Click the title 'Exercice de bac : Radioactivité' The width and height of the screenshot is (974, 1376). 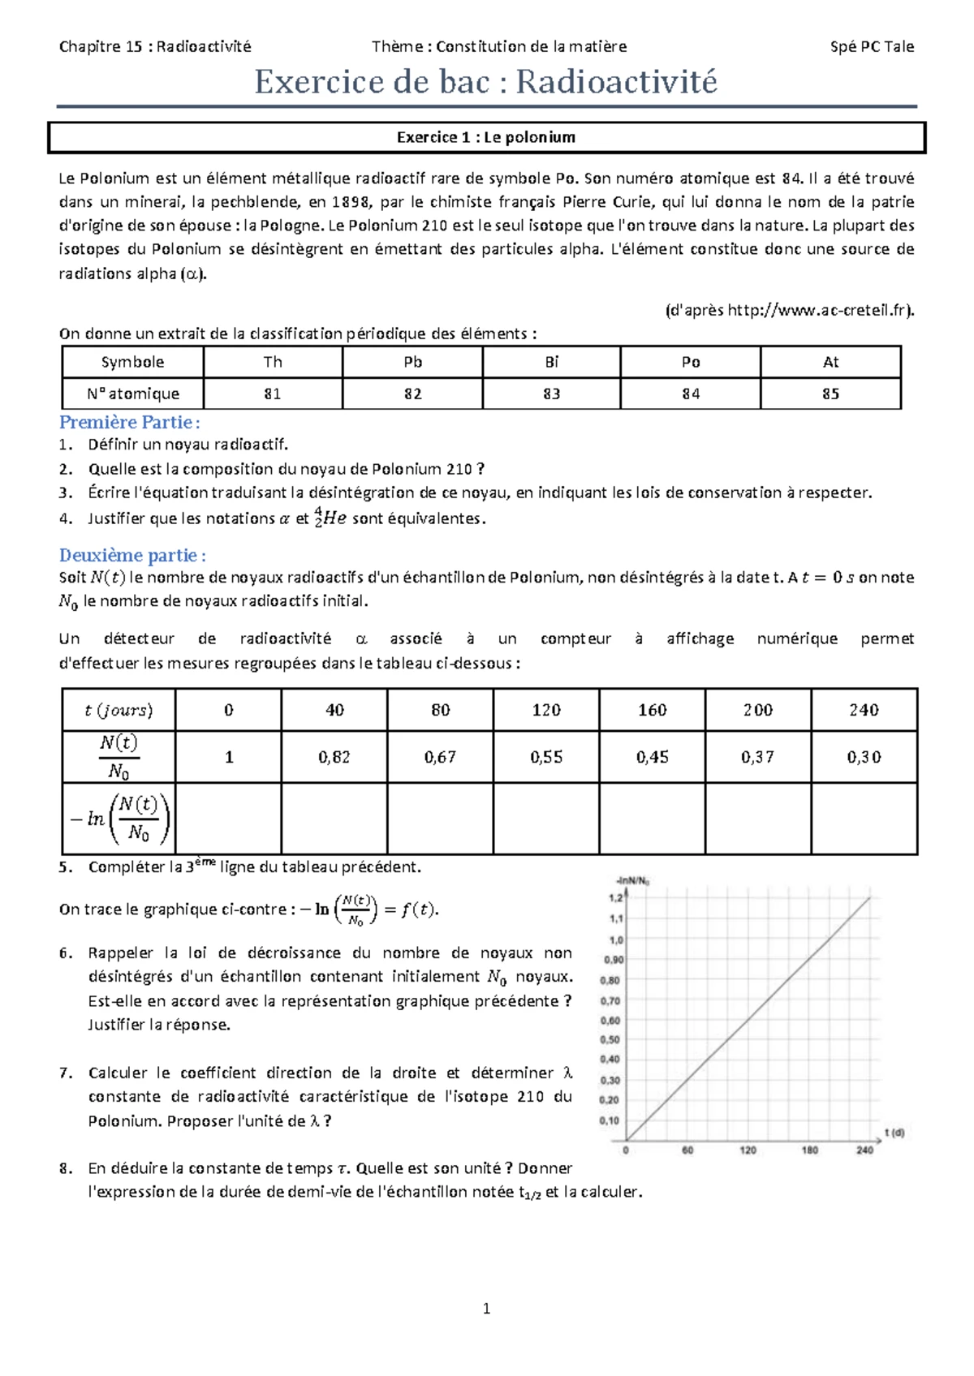pyautogui.click(x=486, y=82)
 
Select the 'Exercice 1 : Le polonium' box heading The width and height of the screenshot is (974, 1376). pyautogui.click(x=486, y=137)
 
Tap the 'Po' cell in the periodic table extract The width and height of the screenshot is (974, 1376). pyautogui.click(x=691, y=362)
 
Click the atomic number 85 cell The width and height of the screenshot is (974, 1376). pyautogui.click(x=830, y=393)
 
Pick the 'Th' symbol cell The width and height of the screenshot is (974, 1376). pyautogui.click(x=273, y=362)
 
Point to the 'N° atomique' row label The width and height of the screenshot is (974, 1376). pyautogui.click(x=133, y=393)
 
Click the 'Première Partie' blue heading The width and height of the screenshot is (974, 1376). pyautogui.click(x=129, y=422)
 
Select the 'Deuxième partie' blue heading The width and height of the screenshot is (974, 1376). pyautogui.click(x=132, y=555)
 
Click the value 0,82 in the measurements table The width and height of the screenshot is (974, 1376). pyautogui.click(x=334, y=757)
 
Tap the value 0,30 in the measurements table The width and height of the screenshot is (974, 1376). pyautogui.click(x=864, y=757)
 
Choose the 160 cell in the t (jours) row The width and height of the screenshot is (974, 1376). pyautogui.click(x=652, y=710)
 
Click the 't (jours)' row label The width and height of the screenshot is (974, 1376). pyautogui.click(x=119, y=710)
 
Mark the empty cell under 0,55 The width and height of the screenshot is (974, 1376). pyautogui.click(x=546, y=818)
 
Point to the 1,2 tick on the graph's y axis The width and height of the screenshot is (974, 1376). pyautogui.click(x=616, y=898)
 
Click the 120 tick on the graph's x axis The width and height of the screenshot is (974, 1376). pyautogui.click(x=748, y=1150)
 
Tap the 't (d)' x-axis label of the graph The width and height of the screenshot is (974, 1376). pyautogui.click(x=894, y=1133)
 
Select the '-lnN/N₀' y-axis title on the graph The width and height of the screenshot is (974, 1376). pyautogui.click(x=632, y=880)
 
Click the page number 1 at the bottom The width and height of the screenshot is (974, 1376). pyautogui.click(x=486, y=1308)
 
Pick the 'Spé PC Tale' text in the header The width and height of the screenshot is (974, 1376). pyautogui.click(x=872, y=46)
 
